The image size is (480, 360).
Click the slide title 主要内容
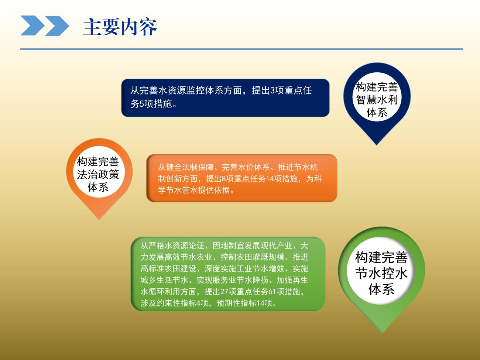(x=120, y=27)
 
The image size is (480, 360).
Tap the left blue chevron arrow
(x=32, y=25)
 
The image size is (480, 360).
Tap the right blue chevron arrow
(x=57, y=26)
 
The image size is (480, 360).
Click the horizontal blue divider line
(x=241, y=49)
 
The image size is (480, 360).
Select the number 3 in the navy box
(x=272, y=90)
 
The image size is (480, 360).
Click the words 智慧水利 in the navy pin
(x=377, y=100)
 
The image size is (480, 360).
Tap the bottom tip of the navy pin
(x=377, y=145)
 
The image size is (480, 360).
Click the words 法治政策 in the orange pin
(x=98, y=175)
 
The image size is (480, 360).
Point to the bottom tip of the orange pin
(x=99, y=219)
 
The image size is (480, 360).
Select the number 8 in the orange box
(x=224, y=179)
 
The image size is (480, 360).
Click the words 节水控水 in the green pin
(x=381, y=274)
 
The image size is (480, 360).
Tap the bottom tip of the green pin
(x=382, y=334)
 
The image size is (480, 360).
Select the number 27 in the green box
(x=224, y=292)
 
